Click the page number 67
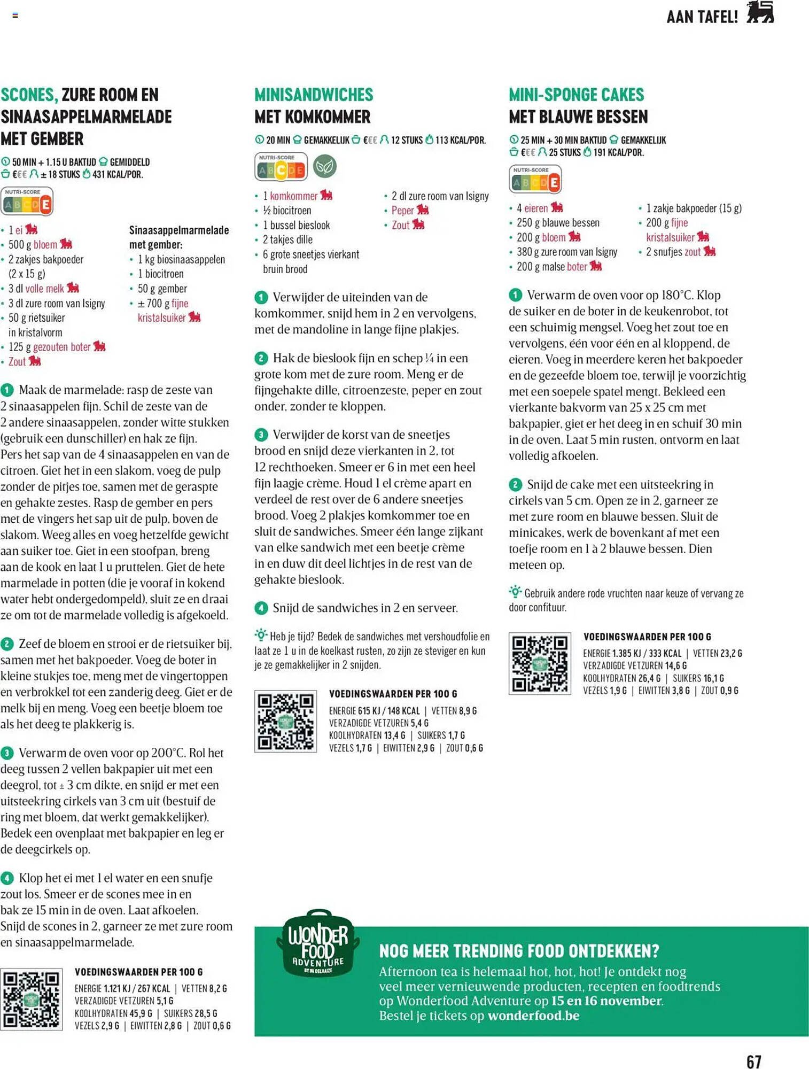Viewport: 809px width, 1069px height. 753,1060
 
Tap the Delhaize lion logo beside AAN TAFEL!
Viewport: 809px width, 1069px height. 760,13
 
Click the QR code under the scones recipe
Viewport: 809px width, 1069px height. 32,999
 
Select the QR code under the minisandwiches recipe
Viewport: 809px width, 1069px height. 285,721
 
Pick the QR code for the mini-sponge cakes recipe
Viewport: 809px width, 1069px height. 540,663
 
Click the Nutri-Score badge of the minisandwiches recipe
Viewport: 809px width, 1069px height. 281,167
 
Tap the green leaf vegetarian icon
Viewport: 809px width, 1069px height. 324,167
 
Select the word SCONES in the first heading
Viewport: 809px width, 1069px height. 29,95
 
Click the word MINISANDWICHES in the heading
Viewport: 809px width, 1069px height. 314,95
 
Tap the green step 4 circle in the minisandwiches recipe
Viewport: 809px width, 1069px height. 261,608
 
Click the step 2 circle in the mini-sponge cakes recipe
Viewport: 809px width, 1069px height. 515,485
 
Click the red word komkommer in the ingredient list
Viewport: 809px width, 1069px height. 293,196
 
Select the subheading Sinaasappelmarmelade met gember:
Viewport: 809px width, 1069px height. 179,237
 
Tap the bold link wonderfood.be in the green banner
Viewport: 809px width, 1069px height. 533,1016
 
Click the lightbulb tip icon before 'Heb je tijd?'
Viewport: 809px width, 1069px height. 261,635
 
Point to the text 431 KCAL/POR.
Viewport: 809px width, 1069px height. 117,174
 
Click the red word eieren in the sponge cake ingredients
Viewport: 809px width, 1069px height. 535,208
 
